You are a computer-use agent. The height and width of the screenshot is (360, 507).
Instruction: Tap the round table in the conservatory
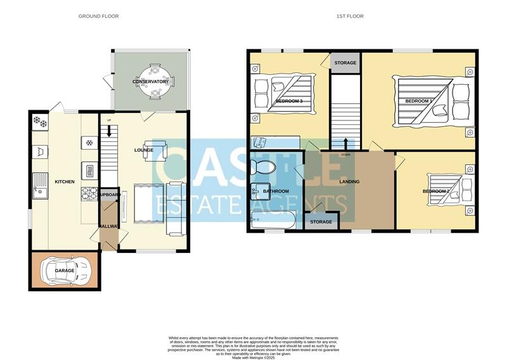pos(151,82)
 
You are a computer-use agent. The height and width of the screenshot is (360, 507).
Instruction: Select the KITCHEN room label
pos(65,182)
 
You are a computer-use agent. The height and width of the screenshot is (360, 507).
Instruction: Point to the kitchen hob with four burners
pos(88,193)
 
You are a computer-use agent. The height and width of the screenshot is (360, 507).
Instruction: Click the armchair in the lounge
pos(155,150)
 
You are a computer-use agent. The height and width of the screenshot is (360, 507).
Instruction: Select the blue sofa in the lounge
pos(176,207)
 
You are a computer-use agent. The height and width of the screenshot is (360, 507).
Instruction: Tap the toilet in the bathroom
pos(262,167)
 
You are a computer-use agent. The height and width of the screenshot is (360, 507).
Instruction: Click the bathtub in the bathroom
pos(272,222)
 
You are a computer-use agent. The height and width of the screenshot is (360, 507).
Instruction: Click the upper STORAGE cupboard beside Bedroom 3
pos(345,63)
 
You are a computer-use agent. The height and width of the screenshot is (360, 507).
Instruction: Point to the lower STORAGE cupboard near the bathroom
pos(321,222)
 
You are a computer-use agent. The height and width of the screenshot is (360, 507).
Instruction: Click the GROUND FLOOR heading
pos(98,16)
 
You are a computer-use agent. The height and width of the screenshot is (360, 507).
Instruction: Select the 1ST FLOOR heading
pos(350,16)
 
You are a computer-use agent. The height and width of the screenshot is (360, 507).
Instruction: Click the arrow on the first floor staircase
pos(345,142)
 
